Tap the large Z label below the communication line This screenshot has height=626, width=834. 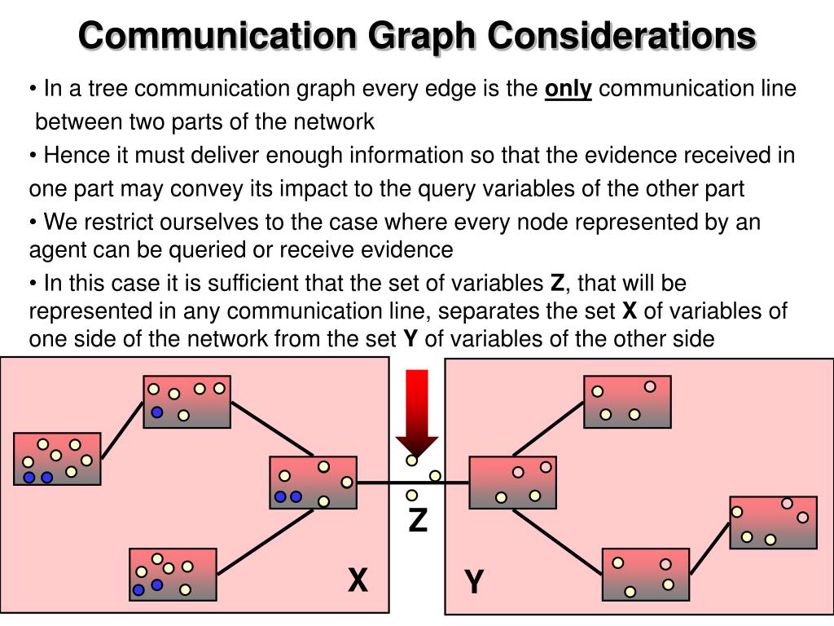(418, 520)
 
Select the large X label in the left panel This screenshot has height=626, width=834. (358, 581)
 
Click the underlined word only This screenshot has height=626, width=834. (568, 89)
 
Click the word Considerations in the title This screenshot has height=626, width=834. (622, 37)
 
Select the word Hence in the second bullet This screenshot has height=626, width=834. (72, 156)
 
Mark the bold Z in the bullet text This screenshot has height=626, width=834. (557, 284)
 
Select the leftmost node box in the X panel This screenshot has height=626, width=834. (57, 459)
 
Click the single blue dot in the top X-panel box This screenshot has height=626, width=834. (157, 412)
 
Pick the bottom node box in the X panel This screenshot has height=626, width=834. (173, 575)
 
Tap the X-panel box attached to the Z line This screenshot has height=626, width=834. (314, 483)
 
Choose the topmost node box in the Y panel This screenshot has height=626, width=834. (627, 402)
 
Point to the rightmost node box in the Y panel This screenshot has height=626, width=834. (773, 522)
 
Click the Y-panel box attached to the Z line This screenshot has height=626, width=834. (513, 483)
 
